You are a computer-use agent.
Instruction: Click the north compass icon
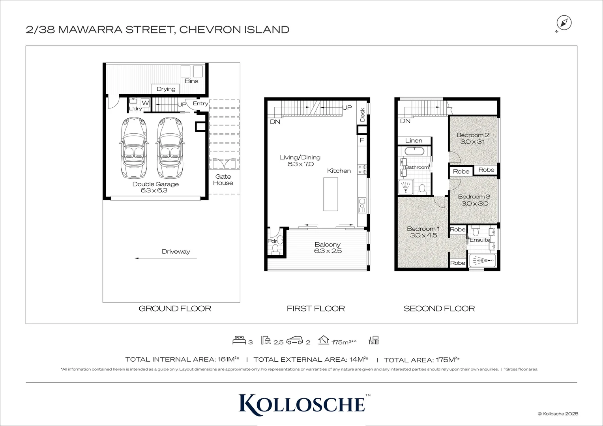[564, 23]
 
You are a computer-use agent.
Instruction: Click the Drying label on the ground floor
[166, 89]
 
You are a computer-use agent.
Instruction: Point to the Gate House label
[223, 180]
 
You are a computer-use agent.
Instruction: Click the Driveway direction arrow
[165, 258]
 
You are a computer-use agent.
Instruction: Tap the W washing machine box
[145, 103]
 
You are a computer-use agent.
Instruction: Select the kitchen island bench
[331, 194]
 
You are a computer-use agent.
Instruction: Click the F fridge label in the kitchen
[361, 140]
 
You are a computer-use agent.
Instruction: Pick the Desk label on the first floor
[362, 114]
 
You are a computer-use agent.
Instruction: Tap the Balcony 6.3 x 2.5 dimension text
[328, 251]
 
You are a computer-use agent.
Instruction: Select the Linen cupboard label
[414, 141]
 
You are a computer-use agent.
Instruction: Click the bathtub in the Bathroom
[414, 151]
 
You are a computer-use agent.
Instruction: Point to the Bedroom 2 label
[472, 135]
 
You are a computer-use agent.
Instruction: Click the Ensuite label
[480, 240]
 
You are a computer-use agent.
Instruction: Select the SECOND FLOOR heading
[439, 308]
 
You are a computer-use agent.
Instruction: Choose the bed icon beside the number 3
[239, 340]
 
